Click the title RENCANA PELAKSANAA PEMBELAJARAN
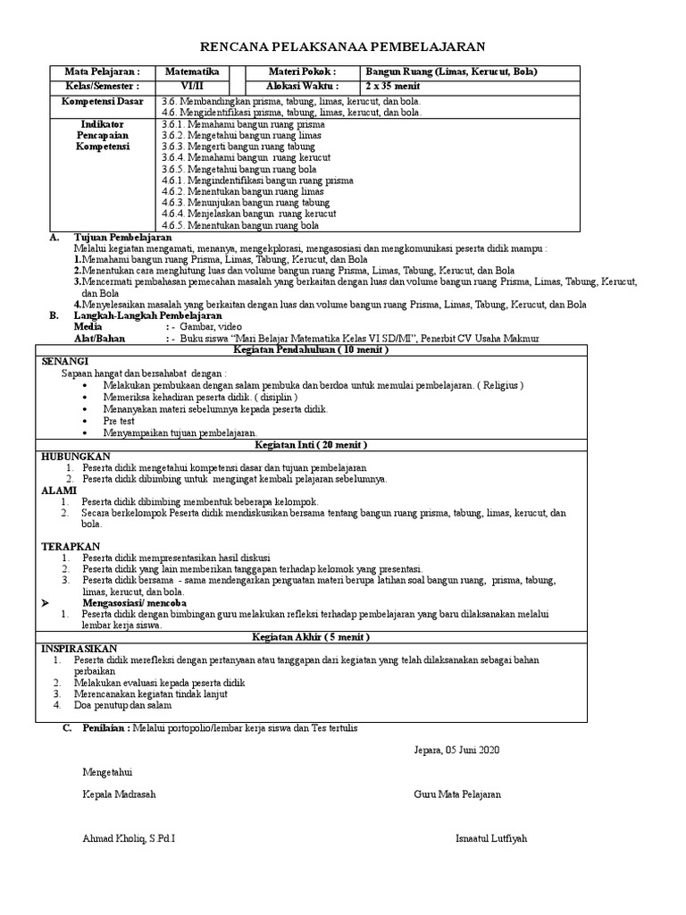tap(342, 46)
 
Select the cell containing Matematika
tap(192, 72)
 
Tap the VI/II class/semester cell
tap(192, 86)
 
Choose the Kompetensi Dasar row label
tap(101, 101)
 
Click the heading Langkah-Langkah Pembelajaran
tap(146, 315)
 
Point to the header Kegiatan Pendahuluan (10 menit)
tap(312, 349)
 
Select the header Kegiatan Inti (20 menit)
tap(312, 444)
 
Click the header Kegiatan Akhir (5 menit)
tap(312, 637)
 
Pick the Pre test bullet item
tap(121, 419)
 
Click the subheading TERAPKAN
tap(71, 545)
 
